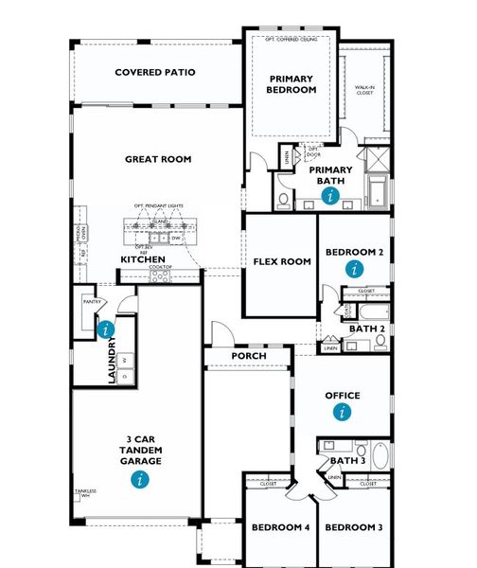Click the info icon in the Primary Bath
[x=329, y=196]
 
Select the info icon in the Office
[x=343, y=412]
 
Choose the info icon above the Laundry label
[x=105, y=329]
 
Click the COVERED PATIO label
[x=155, y=72]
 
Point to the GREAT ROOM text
[x=158, y=159]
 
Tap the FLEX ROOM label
[x=282, y=261]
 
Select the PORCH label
[x=249, y=356]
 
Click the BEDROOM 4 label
[x=281, y=526]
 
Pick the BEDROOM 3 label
[x=353, y=526]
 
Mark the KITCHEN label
[x=143, y=259]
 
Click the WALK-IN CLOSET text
[x=364, y=90]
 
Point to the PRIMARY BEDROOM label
[x=292, y=84]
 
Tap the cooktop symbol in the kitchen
[x=161, y=275]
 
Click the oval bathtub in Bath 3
[x=380, y=456]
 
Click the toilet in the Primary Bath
[x=284, y=200]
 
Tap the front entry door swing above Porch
[x=221, y=334]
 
